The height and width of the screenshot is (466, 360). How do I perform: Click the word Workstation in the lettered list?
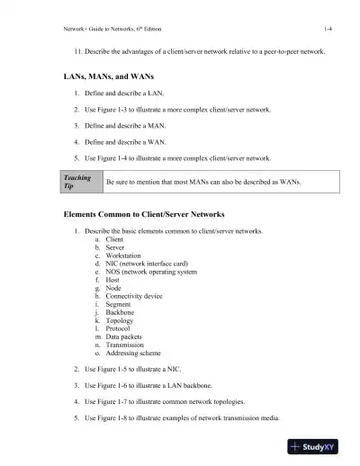point(126,255)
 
